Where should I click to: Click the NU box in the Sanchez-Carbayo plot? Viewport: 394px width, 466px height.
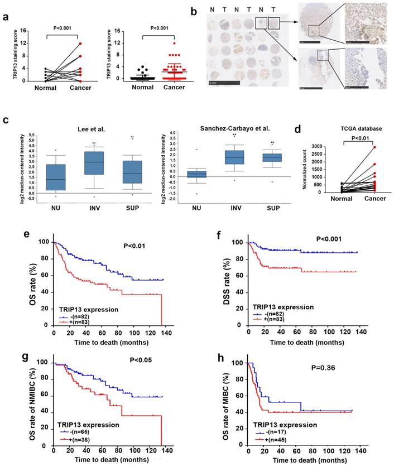[196, 174]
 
